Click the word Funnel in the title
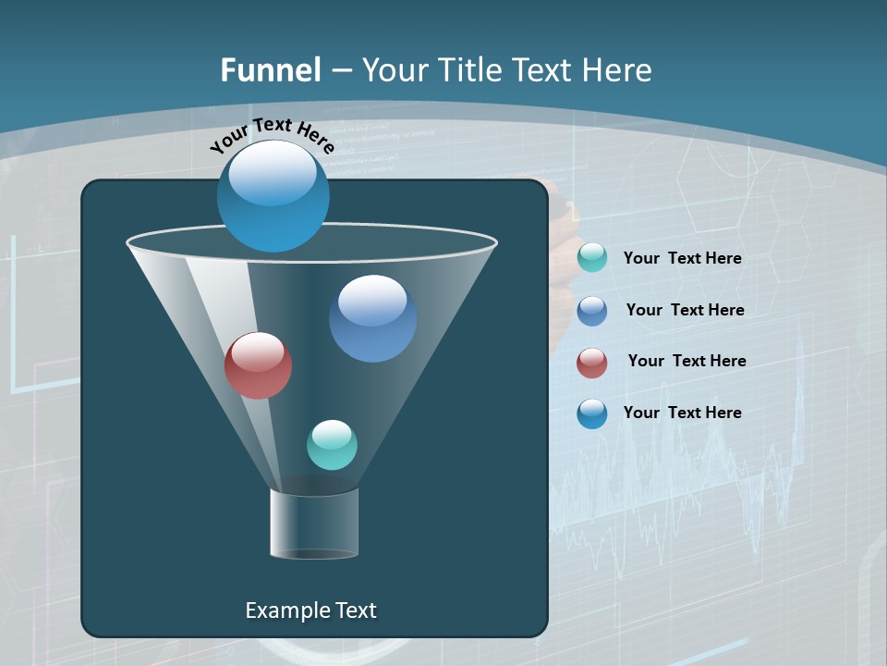point(271,70)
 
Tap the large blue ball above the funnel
point(273,196)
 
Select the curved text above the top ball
point(272,135)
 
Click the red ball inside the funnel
point(258,365)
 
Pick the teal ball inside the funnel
point(332,445)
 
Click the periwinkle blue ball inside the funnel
point(372,318)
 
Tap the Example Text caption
point(310,610)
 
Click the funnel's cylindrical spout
point(314,524)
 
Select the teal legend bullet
point(592,258)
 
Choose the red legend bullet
point(592,363)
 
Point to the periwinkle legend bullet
point(592,311)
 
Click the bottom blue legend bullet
point(592,413)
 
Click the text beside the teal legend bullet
point(682,258)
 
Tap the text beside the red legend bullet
point(687,361)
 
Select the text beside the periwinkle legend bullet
point(685,310)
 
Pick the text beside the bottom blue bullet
point(682,413)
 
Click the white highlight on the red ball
point(258,351)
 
